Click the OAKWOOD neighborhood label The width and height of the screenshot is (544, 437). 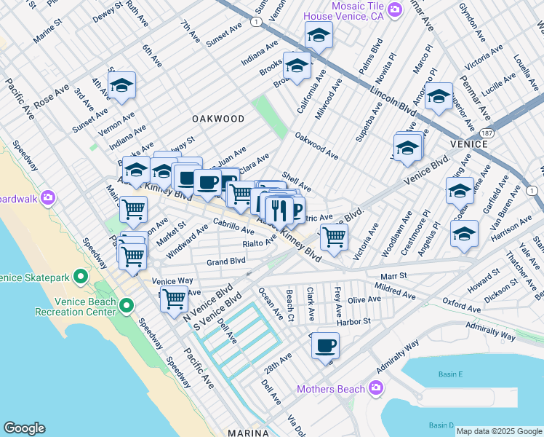pos(218,118)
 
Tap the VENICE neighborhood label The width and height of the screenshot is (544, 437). pos(468,144)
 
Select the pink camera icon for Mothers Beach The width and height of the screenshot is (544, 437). pos(375,388)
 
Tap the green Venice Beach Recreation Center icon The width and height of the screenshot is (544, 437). pos(127,304)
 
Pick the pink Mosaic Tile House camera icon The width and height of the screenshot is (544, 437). pos(394,9)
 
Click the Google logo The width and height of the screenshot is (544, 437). pos(24,428)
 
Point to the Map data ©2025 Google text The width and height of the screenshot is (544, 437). pos(499,431)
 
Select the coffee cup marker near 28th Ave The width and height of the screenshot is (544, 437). pos(326,345)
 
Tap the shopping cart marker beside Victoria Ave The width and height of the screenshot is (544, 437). pos(334,237)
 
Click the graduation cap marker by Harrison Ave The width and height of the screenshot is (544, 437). pos(464,234)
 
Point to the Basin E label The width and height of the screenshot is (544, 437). pos(450,374)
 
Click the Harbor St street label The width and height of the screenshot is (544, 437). pos(356,320)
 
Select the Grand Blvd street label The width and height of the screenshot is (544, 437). pos(225,261)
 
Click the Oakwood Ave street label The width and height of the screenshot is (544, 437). pos(316,146)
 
